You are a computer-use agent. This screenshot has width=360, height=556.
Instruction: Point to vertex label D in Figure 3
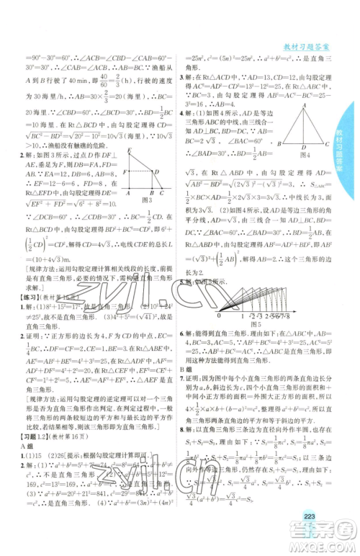(x=154, y=171)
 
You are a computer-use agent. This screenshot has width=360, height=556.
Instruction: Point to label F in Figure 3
(x=123, y=172)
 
